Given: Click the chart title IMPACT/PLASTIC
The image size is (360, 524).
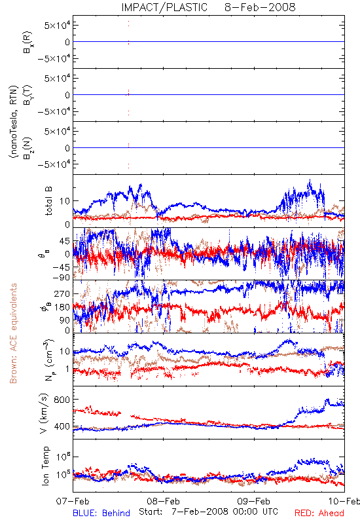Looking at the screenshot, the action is pyautogui.click(x=164, y=7).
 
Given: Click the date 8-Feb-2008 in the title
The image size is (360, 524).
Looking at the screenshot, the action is pyautogui.click(x=260, y=7).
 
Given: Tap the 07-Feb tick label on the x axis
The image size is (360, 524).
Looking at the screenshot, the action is pyautogui.click(x=73, y=501).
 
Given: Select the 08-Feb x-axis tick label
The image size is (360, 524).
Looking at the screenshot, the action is pyautogui.click(x=163, y=501).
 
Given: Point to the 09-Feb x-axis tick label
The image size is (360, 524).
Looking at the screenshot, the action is pyautogui.click(x=254, y=501).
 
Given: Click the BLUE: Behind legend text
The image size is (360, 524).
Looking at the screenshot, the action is pyautogui.click(x=101, y=513).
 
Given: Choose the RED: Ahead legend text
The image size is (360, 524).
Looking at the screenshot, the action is pyautogui.click(x=319, y=513).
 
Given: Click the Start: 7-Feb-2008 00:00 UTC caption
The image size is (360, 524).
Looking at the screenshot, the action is pyautogui.click(x=208, y=512).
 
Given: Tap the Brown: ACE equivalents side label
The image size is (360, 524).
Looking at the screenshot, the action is pyautogui.click(x=13, y=333).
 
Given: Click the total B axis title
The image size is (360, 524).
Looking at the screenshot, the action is pyautogui.click(x=48, y=201).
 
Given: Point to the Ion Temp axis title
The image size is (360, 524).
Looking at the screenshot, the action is pyautogui.click(x=45, y=466).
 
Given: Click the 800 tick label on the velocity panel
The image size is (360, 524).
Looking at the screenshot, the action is pyautogui.click(x=62, y=400).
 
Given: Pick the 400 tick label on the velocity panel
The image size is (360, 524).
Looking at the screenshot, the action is pyautogui.click(x=62, y=426).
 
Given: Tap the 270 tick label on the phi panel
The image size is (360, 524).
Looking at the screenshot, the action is pyautogui.click(x=62, y=293).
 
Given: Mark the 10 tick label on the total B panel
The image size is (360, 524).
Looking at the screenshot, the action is pyautogui.click(x=65, y=201).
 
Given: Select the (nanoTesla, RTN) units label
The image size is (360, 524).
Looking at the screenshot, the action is pyautogui.click(x=14, y=122).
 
